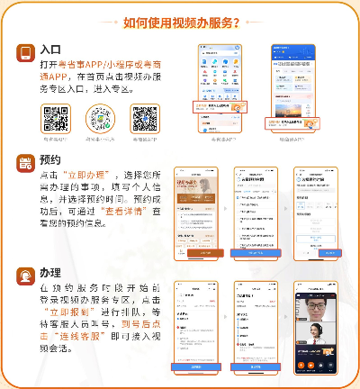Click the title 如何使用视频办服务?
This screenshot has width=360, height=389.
(180, 23)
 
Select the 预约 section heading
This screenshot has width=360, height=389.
(50, 163)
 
